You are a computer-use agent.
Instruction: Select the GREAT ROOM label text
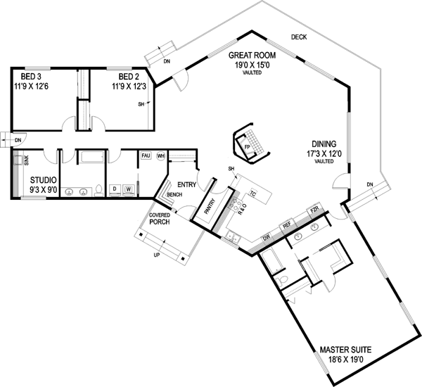252,55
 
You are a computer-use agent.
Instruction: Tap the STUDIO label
43,180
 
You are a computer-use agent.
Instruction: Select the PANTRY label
209,206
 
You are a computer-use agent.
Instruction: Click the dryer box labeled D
115,189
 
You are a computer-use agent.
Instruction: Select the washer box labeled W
129,189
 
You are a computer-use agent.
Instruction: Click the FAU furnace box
146,155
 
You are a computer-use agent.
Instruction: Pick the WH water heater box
160,155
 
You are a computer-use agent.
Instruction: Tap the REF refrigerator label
286,227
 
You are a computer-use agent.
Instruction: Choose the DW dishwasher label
267,238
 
